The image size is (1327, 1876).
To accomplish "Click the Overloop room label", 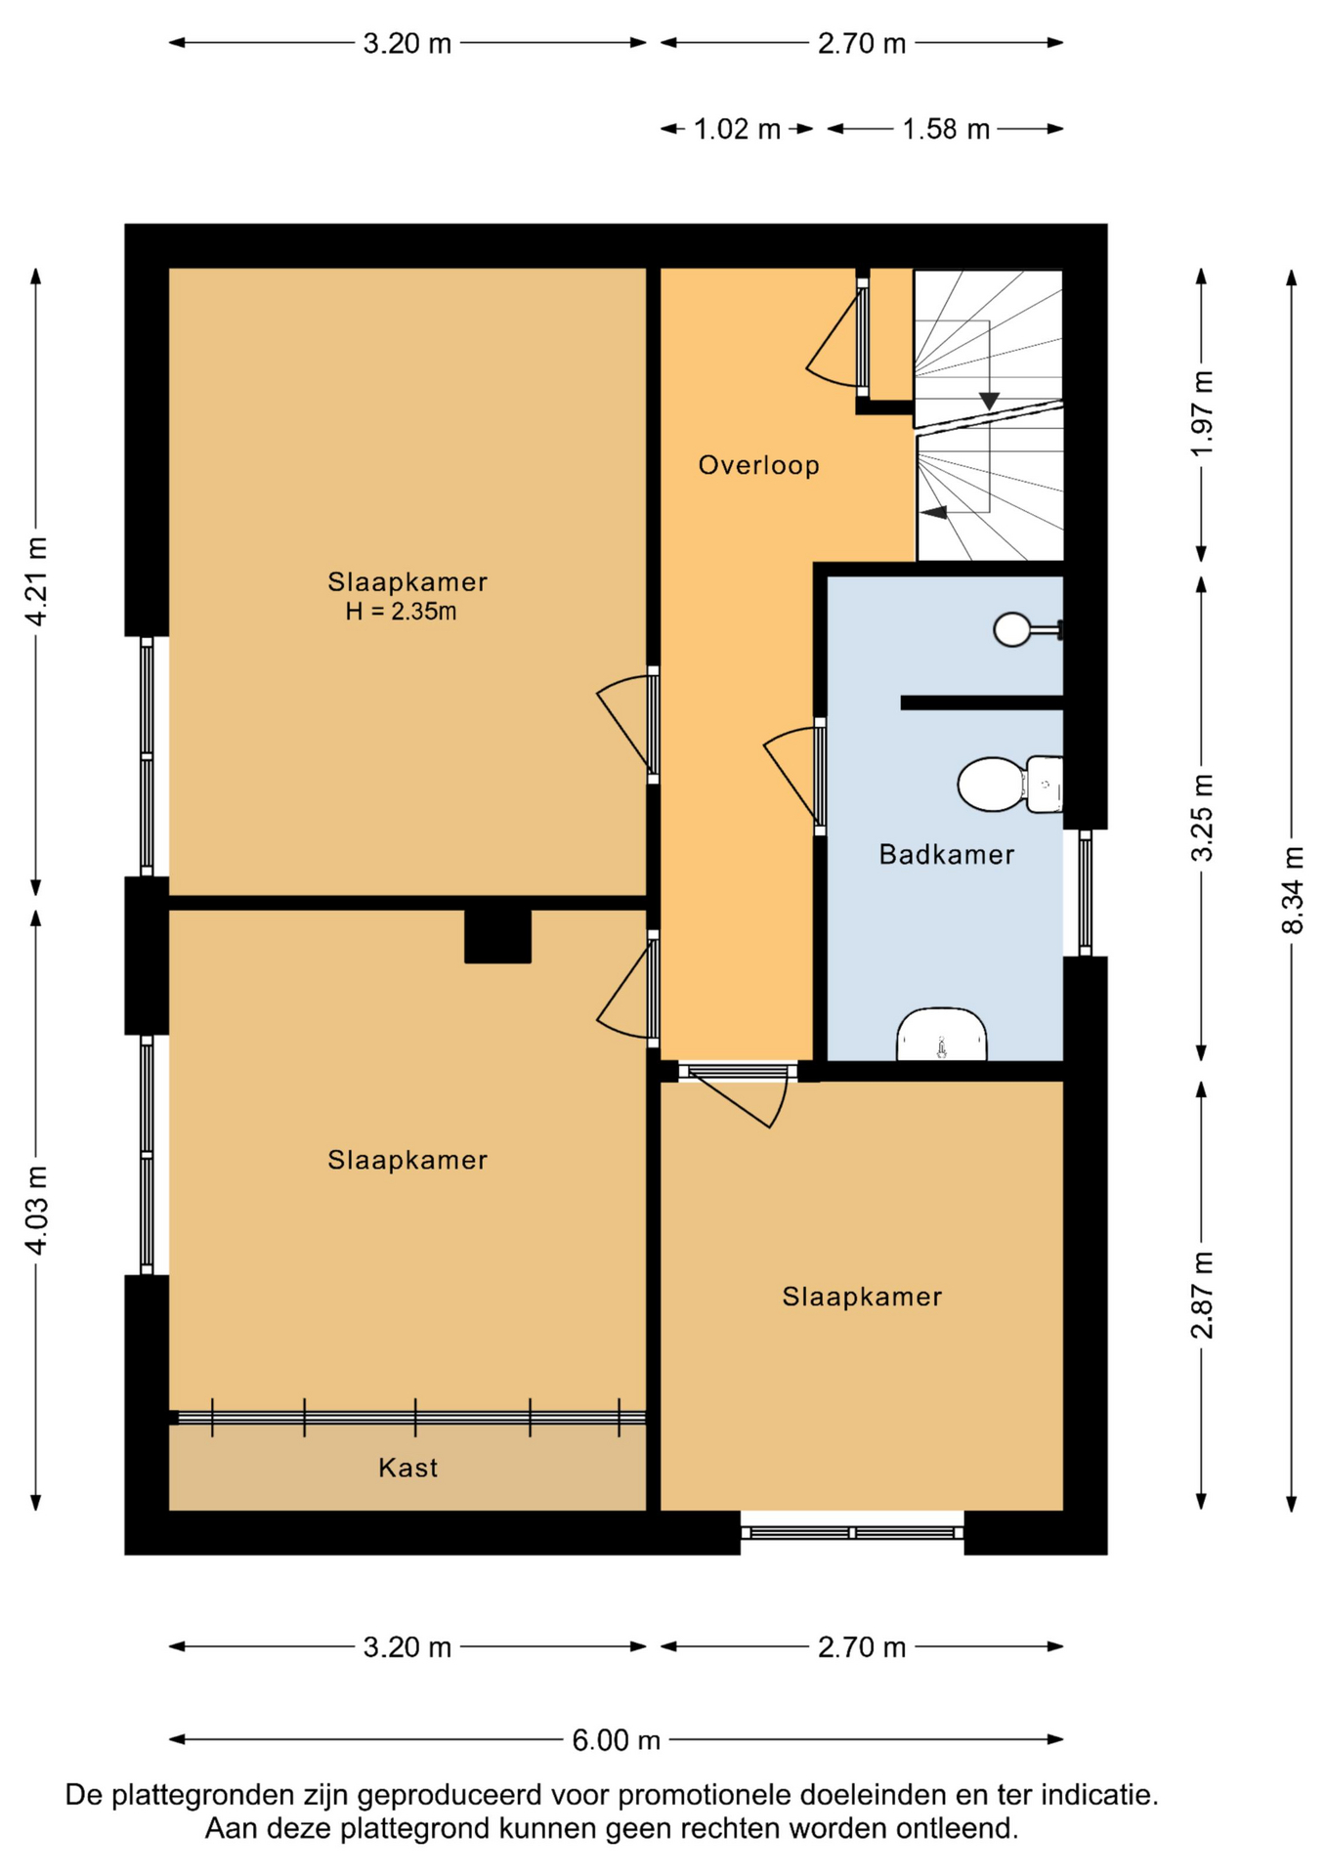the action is [758, 465].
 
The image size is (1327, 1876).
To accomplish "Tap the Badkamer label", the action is [946, 855].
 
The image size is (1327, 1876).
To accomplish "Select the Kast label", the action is [407, 1468].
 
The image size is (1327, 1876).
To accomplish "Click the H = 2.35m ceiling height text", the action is [401, 612].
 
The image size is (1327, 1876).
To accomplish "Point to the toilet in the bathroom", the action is [1009, 784].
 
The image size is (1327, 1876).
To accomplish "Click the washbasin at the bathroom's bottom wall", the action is [941, 1034].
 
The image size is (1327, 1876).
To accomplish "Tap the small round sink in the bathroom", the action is [1012, 629].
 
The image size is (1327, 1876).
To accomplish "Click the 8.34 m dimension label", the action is [1292, 890].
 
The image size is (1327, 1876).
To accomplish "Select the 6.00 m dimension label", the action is [617, 1740].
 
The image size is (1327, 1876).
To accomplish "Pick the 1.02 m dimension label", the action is [737, 129].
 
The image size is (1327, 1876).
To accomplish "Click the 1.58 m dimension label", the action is [946, 129].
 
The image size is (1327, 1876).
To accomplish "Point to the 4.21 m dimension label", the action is [36, 581].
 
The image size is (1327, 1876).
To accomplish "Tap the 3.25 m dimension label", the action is [1202, 819].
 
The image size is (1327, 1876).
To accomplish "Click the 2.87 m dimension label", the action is [1202, 1295].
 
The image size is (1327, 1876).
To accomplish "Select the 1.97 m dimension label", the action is [1202, 414].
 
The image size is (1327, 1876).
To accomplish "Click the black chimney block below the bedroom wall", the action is [497, 936].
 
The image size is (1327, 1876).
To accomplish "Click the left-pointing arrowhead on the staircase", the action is [935, 512].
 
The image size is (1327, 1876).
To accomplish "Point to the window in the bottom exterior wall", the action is [852, 1532].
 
